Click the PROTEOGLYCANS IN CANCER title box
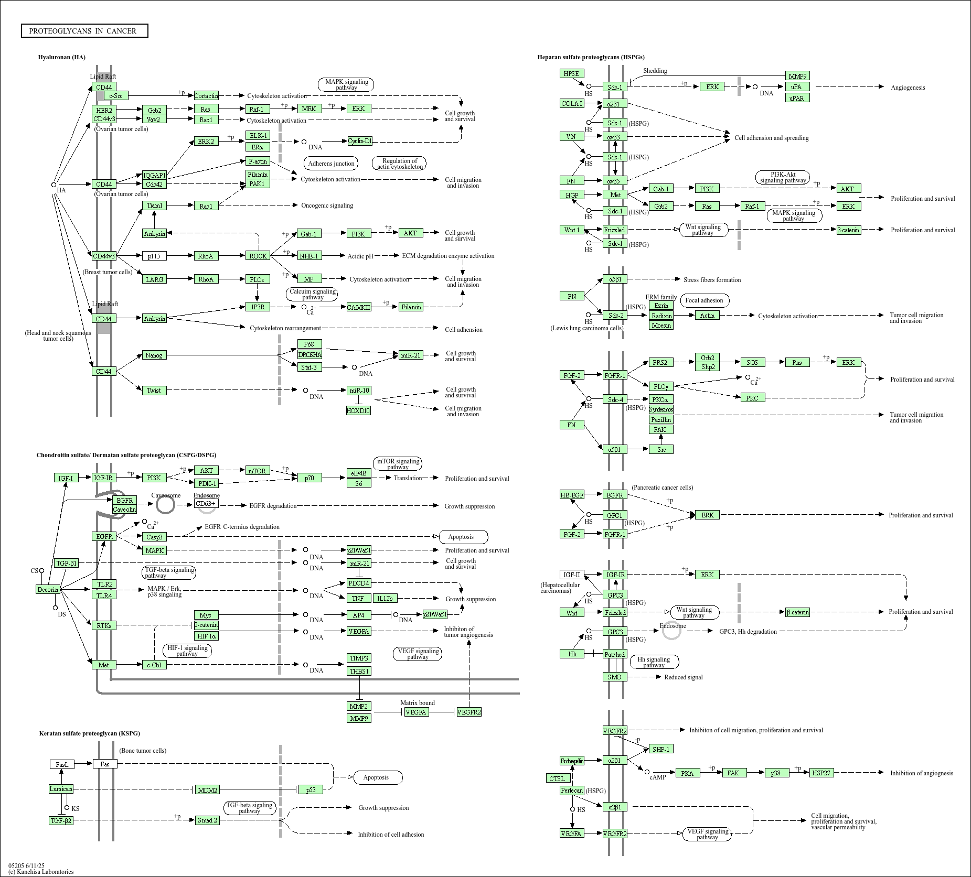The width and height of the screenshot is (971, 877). click(x=84, y=31)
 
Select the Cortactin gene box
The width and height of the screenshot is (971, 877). click(x=206, y=95)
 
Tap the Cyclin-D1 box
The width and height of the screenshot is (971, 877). click(x=360, y=141)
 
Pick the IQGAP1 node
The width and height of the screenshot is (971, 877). click(x=154, y=175)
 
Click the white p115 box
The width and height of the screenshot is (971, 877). click(x=154, y=256)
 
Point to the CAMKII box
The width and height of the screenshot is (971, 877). click(x=359, y=307)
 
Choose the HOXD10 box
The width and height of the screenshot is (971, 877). click(x=358, y=410)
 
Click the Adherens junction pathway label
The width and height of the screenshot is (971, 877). click(x=331, y=164)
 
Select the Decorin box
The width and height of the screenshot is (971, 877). click(x=48, y=589)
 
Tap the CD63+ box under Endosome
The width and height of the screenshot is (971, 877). click(x=206, y=504)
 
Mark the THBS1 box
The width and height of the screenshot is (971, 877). click(x=359, y=671)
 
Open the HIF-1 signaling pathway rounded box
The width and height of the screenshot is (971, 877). click(x=187, y=651)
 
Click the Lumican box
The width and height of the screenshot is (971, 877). click(x=61, y=788)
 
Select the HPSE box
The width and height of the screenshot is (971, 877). click(x=572, y=74)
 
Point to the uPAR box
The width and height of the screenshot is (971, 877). click(x=797, y=98)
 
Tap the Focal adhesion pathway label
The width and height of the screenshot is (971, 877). click(x=704, y=300)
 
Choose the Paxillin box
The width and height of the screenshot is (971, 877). click(x=661, y=419)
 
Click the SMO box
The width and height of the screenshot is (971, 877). click(x=614, y=677)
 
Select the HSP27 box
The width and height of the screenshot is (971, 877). click(x=821, y=773)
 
